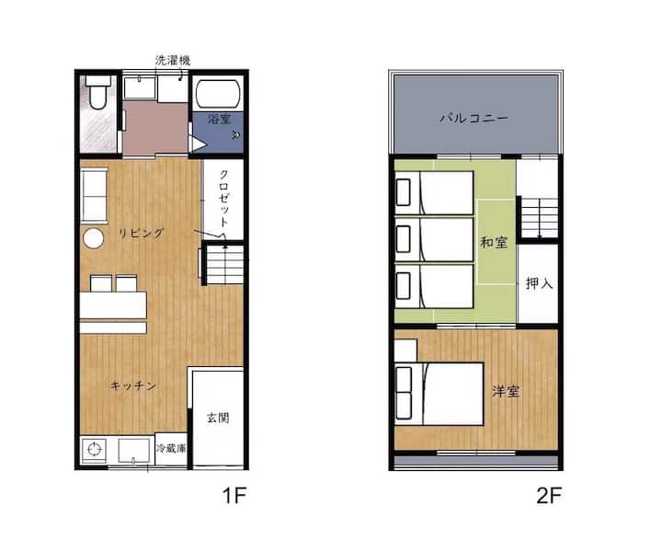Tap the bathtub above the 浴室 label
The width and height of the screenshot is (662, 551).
pos(218,94)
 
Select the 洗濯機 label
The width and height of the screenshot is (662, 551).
pos(173,60)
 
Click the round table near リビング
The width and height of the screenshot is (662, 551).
pos(93,238)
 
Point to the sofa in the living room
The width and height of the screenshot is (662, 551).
pos(94,195)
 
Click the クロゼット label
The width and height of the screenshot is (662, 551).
pos(223,199)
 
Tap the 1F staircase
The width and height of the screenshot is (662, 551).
pos(224,265)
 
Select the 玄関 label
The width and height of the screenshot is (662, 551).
pos(218,418)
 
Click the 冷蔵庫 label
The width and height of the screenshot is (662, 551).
pos(171,448)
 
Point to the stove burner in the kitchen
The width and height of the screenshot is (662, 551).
pos(94,449)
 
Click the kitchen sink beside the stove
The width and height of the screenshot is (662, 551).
pos(134,451)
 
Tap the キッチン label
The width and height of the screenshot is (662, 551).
pos(133,385)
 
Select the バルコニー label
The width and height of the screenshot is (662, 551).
pos(474,118)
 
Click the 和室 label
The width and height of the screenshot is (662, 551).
pos(494,243)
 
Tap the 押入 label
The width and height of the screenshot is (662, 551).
pos(539,283)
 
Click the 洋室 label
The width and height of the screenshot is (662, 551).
pos(506,391)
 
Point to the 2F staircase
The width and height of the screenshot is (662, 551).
pos(540,218)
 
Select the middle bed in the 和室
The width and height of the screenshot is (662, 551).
pos(434,239)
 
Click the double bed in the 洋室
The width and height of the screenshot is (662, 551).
pos(439,394)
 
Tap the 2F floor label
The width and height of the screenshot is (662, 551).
pos(549,495)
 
